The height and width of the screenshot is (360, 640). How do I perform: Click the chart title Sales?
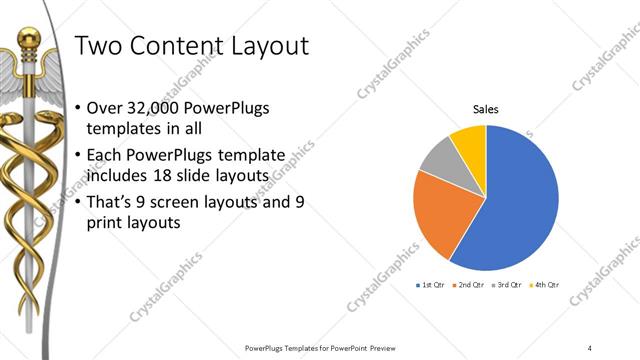[x=486, y=110]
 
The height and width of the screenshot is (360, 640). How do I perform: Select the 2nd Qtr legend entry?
[x=469, y=285]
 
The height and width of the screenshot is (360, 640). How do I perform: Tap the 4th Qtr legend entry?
[x=544, y=285]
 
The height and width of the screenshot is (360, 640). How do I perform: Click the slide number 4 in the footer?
[x=590, y=347]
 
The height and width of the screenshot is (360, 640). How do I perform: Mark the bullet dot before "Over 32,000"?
[x=79, y=108]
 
